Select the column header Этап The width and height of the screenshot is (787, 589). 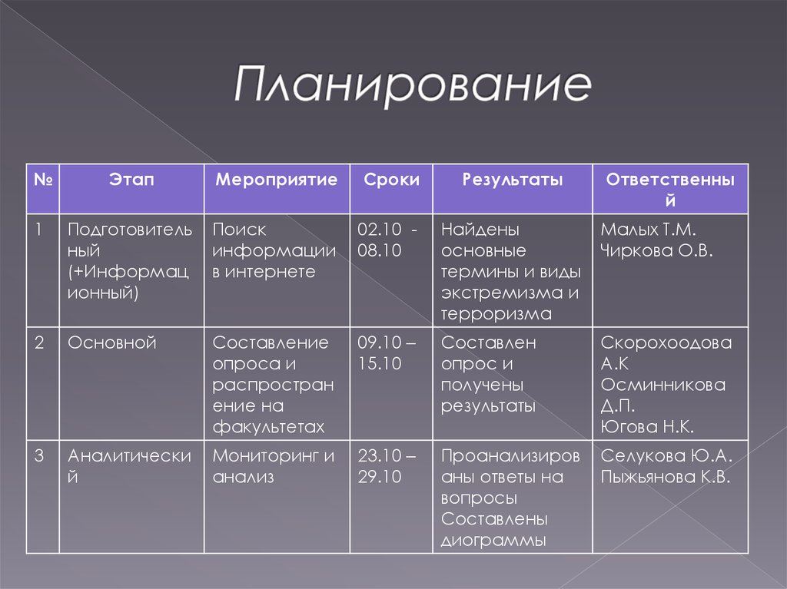pyautogui.click(x=131, y=180)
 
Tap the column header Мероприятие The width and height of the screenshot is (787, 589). pyautogui.click(x=277, y=180)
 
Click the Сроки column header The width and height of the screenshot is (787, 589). pyautogui.click(x=392, y=180)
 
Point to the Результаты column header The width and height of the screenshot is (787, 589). pyautogui.click(x=513, y=180)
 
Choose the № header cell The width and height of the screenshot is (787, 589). pyautogui.click(x=43, y=180)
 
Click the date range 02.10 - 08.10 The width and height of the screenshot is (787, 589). pyautogui.click(x=388, y=240)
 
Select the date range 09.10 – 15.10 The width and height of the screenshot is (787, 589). pyautogui.click(x=387, y=353)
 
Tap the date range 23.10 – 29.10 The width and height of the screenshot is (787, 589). pyautogui.click(x=387, y=466)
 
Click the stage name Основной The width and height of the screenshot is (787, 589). pyautogui.click(x=112, y=342)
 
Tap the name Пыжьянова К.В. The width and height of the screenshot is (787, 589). pyautogui.click(x=666, y=477)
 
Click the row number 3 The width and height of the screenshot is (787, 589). pyautogui.click(x=39, y=456)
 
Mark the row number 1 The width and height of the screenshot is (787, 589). pyautogui.click(x=39, y=230)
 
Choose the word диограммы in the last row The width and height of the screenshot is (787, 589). pyautogui.click(x=493, y=540)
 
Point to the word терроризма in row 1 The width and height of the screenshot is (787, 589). pyautogui.click(x=496, y=314)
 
